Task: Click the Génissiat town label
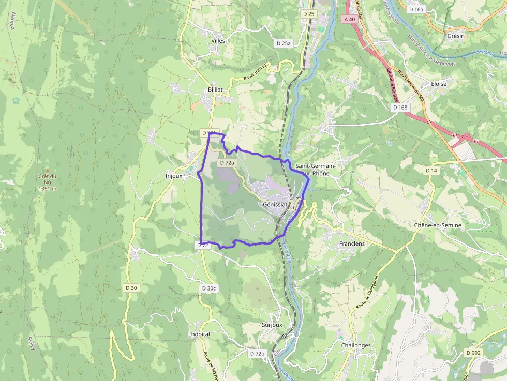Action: pyautogui.click(x=275, y=204)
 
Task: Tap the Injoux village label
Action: pyautogui.click(x=173, y=175)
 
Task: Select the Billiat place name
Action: pyautogui.click(x=215, y=89)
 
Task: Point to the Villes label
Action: pyautogui.click(x=219, y=40)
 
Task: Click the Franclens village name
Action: pyautogui.click(x=352, y=243)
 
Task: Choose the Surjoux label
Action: pyautogui.click(x=272, y=325)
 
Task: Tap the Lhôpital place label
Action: pyautogui.click(x=199, y=334)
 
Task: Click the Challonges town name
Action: pyautogui.click(x=356, y=345)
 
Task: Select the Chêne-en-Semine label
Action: pyautogui.click(x=438, y=226)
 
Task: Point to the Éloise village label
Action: pyautogui.click(x=435, y=84)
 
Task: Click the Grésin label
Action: pyautogui.click(x=456, y=36)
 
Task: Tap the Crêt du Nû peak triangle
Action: pyautogui.click(x=47, y=170)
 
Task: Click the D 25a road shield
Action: pyautogui.click(x=284, y=43)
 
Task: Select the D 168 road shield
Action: pyautogui.click(x=400, y=108)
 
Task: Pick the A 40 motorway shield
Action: pyautogui.click(x=349, y=19)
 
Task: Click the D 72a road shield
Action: pyautogui.click(x=227, y=163)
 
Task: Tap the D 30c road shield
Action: pyautogui.click(x=209, y=288)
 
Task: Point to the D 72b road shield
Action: pyautogui.click(x=257, y=354)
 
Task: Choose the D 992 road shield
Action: pyautogui.click(x=473, y=353)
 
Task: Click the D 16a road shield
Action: pyautogui.click(x=416, y=9)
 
